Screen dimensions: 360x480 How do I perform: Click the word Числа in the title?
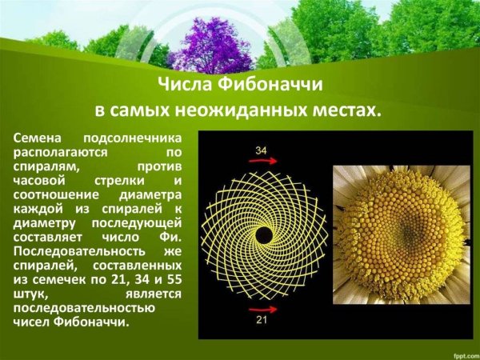tap(183, 86)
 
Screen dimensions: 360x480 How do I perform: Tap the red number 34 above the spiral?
tap(261, 150)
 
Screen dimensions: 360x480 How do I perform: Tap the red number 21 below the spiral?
tap(262, 320)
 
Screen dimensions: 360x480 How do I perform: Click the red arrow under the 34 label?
tap(262, 162)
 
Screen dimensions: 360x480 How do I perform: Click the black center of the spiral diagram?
tap(262, 235)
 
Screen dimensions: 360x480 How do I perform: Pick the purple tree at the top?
tap(210, 44)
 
